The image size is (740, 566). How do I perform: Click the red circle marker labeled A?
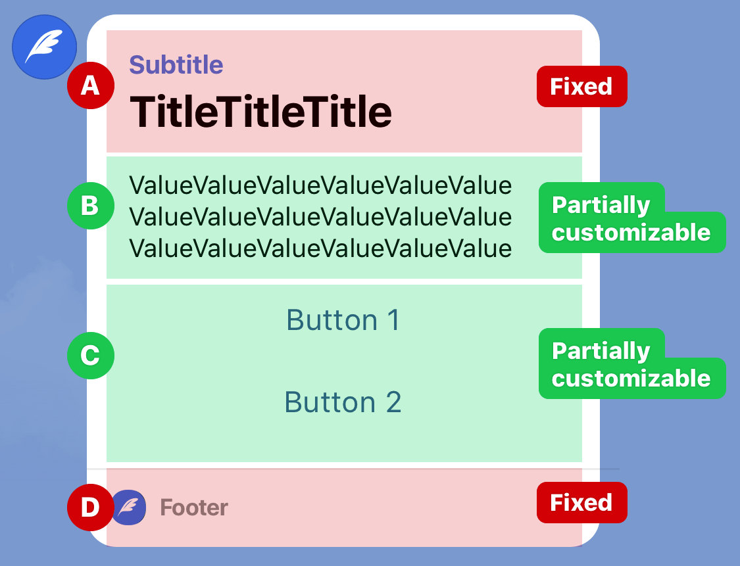pos(91,85)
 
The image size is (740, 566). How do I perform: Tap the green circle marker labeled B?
pos(91,206)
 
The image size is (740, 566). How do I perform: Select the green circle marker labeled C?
pos(91,355)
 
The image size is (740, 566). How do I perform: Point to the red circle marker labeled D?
pos(91,507)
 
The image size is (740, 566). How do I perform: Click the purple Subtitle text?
pos(176,65)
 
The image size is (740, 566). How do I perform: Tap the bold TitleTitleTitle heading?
pos(260,112)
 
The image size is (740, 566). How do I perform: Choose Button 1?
pos(343,320)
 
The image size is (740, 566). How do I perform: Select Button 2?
pos(343,402)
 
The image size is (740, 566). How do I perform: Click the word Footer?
pos(194,508)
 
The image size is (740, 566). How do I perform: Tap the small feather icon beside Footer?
pos(128,507)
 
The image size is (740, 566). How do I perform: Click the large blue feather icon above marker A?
pos(44,47)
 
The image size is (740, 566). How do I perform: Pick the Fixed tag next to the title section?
pos(582,86)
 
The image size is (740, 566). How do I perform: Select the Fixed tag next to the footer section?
pos(582,502)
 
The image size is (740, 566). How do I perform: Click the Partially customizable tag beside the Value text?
pos(631,218)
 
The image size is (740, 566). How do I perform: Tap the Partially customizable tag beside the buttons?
pos(631,364)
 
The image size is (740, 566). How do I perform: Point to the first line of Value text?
pos(320,185)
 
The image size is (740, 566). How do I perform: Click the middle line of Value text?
pos(320,217)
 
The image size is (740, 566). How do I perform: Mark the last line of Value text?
pos(320,248)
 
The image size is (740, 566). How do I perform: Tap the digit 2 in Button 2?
pos(393,402)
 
